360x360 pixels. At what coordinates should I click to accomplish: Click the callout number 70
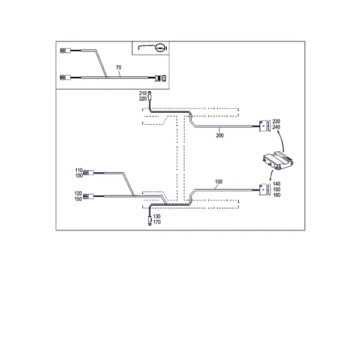point(118,67)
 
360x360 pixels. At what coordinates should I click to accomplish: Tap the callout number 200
point(220,136)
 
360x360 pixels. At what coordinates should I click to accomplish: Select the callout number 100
point(218,182)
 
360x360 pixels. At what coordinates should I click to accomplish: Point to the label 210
point(143,94)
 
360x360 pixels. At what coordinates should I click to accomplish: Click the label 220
point(143,99)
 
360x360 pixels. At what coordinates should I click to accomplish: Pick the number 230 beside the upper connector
point(276,121)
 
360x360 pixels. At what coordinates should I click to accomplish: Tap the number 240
point(276,127)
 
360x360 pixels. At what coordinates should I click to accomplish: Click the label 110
point(79,170)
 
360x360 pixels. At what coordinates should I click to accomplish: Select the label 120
point(78,194)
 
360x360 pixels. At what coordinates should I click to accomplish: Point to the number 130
point(157,217)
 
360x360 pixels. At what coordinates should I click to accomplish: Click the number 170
point(157,222)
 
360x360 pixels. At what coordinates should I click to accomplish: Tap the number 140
point(277,184)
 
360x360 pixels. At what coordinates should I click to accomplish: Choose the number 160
point(277,195)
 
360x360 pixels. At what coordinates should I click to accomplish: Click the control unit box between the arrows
point(278,161)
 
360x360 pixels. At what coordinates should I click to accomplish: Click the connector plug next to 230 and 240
point(265,126)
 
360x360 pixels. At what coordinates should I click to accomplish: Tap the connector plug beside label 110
point(88,173)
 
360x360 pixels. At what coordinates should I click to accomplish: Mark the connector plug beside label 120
point(88,196)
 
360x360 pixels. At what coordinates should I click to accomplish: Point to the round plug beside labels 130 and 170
point(149,220)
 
